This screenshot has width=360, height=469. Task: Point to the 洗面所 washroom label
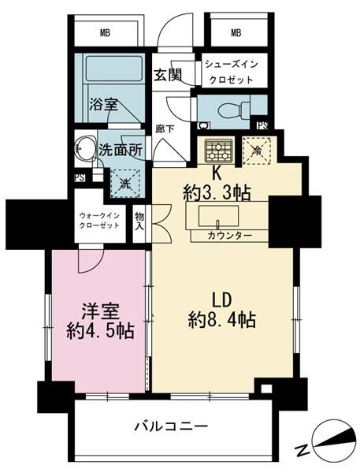pyautogui.click(x=121, y=150)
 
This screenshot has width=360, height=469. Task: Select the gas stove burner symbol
pyautogui.click(x=217, y=149)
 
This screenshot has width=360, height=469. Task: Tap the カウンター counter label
pyautogui.click(x=230, y=236)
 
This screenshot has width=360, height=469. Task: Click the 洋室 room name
pyautogui.click(x=98, y=310)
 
